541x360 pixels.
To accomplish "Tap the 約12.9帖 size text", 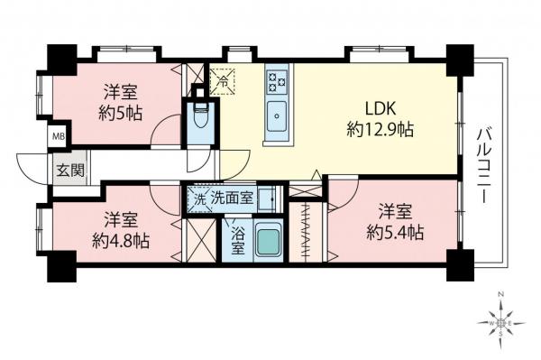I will [x=381, y=130].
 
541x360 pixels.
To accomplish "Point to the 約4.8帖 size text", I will [x=121, y=242].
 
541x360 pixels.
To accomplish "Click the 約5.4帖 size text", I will [x=394, y=233].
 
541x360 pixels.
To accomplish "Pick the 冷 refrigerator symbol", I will [x=223, y=81].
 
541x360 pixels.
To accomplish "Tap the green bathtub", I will [x=270, y=241].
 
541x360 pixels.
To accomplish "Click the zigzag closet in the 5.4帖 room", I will [x=309, y=233].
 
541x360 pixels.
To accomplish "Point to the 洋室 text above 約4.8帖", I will [x=120, y=219].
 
